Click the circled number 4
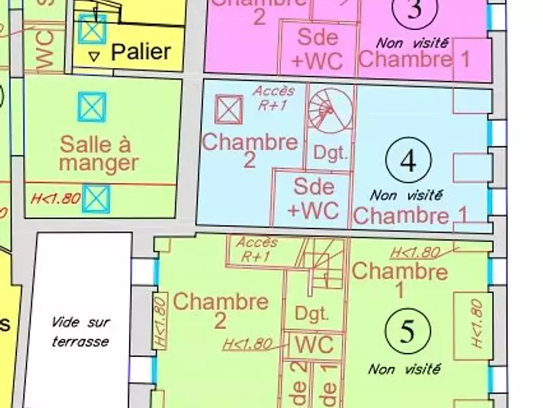(x=408, y=160)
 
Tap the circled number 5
(x=407, y=331)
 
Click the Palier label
(x=141, y=52)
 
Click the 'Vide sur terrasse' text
(x=80, y=331)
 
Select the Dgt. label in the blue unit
(x=331, y=153)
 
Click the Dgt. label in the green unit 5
(x=312, y=314)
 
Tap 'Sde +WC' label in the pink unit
(x=318, y=48)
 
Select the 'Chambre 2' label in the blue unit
(x=250, y=150)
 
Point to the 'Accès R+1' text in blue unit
(x=274, y=97)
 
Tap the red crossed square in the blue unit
(x=229, y=109)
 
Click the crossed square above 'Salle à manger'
(x=92, y=107)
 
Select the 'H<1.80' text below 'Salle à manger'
(x=56, y=200)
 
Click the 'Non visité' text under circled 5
(x=405, y=369)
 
